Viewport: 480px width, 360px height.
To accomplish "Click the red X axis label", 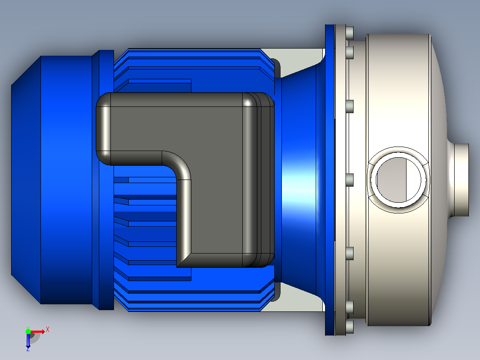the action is point(48,330).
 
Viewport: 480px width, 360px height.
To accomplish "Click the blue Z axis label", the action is point(28,349).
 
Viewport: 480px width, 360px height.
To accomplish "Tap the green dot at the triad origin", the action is point(28,331).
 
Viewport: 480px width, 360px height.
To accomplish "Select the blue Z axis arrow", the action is point(28,340).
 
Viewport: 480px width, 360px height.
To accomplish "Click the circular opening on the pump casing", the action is point(398,180).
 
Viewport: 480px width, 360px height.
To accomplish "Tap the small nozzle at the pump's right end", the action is point(461,180).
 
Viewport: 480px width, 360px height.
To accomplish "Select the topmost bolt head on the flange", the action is point(349,33).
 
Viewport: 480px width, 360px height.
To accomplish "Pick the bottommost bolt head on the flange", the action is point(349,327).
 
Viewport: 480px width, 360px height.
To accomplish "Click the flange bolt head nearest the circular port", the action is point(349,180).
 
